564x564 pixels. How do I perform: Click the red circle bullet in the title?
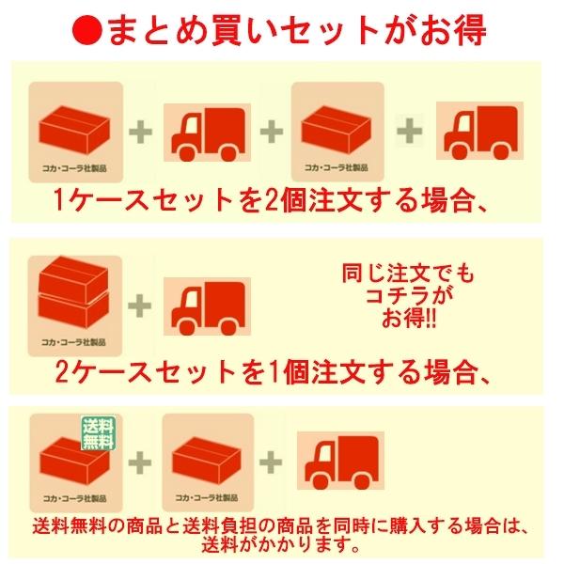87,30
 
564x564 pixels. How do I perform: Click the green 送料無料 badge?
98,432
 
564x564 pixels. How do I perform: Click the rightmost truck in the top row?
479,131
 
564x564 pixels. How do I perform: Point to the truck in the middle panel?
208,306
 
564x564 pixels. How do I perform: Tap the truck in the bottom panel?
341,462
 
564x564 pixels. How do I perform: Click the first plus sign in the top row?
141,132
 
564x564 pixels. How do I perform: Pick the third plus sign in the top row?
409,131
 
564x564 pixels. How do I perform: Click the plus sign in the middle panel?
139,305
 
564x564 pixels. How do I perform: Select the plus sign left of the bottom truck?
271,462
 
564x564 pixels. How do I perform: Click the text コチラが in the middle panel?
409,297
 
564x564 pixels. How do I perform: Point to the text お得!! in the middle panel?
409,319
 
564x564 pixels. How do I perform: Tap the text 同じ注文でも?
408,274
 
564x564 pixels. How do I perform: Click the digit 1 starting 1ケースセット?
58,200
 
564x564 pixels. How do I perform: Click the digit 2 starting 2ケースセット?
62,373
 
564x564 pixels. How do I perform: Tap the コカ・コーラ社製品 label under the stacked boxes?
73,342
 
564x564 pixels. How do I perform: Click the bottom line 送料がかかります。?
281,545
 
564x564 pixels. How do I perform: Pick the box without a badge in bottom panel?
207,462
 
